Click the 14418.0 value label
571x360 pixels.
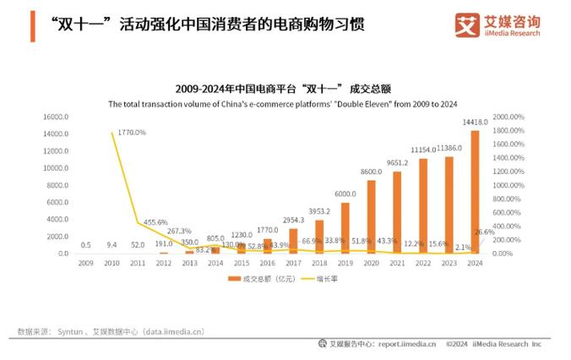coord(475,123)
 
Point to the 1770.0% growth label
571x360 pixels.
coord(131,133)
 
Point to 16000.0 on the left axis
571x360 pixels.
coord(56,117)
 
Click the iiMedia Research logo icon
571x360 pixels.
coord(467,25)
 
